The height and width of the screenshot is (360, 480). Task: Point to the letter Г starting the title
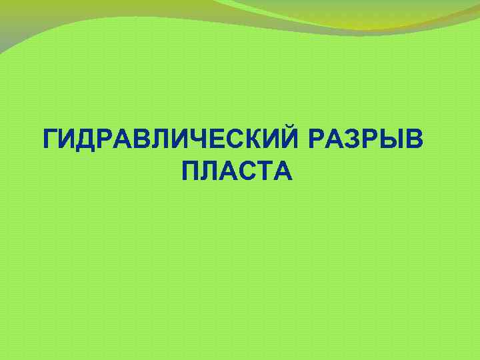[x=50, y=141]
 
